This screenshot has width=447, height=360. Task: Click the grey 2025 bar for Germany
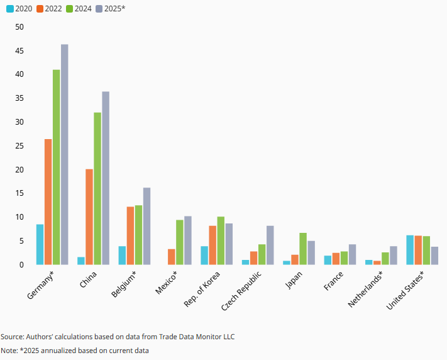[x=64, y=154]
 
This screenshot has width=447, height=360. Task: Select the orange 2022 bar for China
[x=89, y=217]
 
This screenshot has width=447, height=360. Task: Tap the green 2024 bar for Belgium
[x=138, y=235]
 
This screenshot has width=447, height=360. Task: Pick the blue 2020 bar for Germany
[x=40, y=244]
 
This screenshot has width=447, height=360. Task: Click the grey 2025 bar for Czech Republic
[x=270, y=245]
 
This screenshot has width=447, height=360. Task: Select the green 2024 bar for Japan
[x=303, y=249]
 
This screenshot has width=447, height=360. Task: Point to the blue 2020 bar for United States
[x=410, y=250]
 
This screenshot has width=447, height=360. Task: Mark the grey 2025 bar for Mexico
[x=187, y=240]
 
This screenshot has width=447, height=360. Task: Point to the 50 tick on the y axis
[x=19, y=27]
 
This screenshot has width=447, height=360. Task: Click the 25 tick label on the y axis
[x=19, y=146]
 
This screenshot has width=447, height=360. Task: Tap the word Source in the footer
[x=12, y=337]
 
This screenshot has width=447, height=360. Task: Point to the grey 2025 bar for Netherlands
[x=393, y=256]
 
